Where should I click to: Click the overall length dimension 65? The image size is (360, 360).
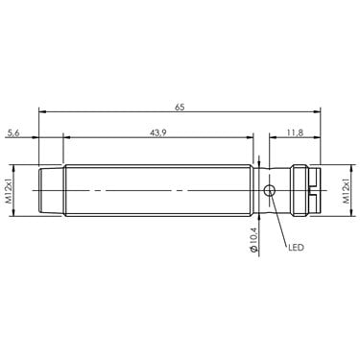coord(180,108)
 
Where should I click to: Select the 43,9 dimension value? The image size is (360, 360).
coord(158,133)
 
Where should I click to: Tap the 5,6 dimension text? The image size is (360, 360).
coord(13,133)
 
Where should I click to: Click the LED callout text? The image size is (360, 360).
coord(296,248)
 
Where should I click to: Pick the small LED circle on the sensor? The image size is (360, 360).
coord(269,191)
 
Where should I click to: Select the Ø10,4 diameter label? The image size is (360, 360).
coord(252,240)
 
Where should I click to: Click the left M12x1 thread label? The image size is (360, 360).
coord(9,191)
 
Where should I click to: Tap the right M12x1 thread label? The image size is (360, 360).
coord(347,191)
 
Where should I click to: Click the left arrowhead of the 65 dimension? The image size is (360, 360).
coord(42,111)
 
